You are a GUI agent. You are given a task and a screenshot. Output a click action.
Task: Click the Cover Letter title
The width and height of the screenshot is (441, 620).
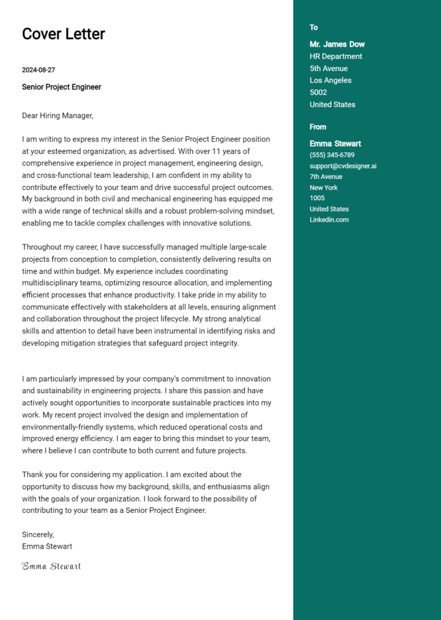click(x=63, y=34)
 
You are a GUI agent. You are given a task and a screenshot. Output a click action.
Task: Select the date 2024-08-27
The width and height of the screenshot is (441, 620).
click(x=38, y=70)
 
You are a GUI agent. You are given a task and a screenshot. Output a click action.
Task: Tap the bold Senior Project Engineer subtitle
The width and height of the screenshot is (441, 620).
click(x=61, y=87)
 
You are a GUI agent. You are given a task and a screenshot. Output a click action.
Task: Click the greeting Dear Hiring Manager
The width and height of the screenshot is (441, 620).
click(x=57, y=116)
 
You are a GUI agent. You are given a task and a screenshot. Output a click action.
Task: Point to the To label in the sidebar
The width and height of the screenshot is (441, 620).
click(x=314, y=28)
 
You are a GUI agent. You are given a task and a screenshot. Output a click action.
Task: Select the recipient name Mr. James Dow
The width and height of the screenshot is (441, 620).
click(x=337, y=44)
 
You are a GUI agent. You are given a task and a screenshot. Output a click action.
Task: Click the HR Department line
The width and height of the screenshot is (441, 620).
click(x=336, y=56)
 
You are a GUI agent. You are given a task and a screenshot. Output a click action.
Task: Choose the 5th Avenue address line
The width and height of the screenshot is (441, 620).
click(x=328, y=68)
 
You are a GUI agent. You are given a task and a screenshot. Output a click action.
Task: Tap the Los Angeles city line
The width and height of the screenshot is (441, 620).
click(x=330, y=81)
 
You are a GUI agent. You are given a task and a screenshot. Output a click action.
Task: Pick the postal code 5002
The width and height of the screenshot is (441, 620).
click(x=318, y=93)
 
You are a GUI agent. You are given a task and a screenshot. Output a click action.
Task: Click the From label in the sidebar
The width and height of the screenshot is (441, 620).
click(x=318, y=127)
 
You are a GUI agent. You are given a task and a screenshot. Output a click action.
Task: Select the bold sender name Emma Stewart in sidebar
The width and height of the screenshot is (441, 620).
click(x=335, y=144)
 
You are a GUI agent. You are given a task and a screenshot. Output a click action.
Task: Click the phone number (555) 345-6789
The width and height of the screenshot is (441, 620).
click(x=332, y=155)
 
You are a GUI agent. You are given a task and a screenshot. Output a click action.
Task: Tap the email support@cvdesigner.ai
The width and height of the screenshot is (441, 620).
click(x=343, y=166)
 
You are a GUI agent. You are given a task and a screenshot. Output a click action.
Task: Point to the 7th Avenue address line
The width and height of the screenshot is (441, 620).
click(x=326, y=177)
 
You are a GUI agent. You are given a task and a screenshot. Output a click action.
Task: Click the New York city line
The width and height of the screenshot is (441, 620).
click(x=323, y=188)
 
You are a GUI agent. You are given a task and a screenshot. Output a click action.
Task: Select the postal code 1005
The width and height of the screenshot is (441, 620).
click(x=317, y=198)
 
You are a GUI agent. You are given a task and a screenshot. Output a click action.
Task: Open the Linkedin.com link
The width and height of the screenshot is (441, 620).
click(x=329, y=220)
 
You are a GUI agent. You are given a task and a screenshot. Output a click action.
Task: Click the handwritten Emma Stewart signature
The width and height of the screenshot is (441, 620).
click(x=52, y=567)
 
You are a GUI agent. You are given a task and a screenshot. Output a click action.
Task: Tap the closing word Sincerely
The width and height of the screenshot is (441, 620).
click(x=38, y=534)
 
